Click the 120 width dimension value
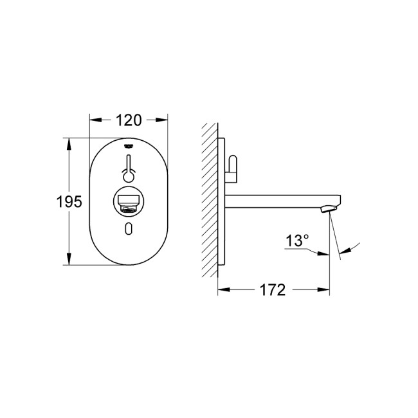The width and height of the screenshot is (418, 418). coord(129,120)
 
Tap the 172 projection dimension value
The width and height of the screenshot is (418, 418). coord(273,291)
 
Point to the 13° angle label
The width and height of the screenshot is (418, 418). coord(297,241)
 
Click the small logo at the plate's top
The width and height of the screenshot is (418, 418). coord(129,145)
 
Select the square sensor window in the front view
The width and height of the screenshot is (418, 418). coord(129,201)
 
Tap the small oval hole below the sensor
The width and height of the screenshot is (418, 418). coord(129,230)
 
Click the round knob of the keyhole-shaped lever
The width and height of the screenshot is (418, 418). coord(129,174)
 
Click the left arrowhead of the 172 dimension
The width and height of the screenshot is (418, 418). coord(221,291)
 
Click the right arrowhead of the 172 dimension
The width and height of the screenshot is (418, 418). coord(327,291)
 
